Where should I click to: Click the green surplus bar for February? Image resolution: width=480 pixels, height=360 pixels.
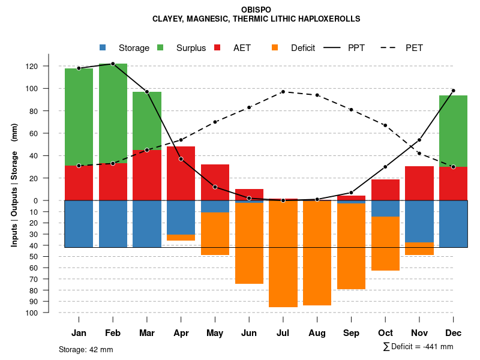coord(113,113)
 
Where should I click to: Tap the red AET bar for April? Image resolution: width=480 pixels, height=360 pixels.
coord(181,173)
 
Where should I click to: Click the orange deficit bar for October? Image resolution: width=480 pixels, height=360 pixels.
coord(385,244)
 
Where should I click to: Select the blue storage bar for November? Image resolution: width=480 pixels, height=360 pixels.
coord(419,221)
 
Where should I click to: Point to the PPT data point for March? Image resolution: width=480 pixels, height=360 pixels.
coord(147,92)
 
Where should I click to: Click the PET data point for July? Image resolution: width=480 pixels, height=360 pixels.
coord(283,92)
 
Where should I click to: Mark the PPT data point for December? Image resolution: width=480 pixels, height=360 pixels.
coord(454,91)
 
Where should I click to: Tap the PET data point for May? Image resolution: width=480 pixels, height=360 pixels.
coord(215,122)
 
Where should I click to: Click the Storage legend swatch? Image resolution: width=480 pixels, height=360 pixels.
coord(103,47)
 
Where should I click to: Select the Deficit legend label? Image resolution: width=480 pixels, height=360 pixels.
coord(302,48)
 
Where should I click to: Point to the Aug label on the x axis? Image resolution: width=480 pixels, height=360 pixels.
coord(317,333)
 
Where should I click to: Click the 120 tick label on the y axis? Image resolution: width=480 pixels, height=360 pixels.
coord(49,66)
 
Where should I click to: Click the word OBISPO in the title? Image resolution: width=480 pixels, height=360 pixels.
coord(256,10)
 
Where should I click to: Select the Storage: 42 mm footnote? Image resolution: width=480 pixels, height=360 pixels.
coord(86,349)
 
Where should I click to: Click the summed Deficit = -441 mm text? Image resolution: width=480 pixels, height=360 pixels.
coord(418,347)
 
